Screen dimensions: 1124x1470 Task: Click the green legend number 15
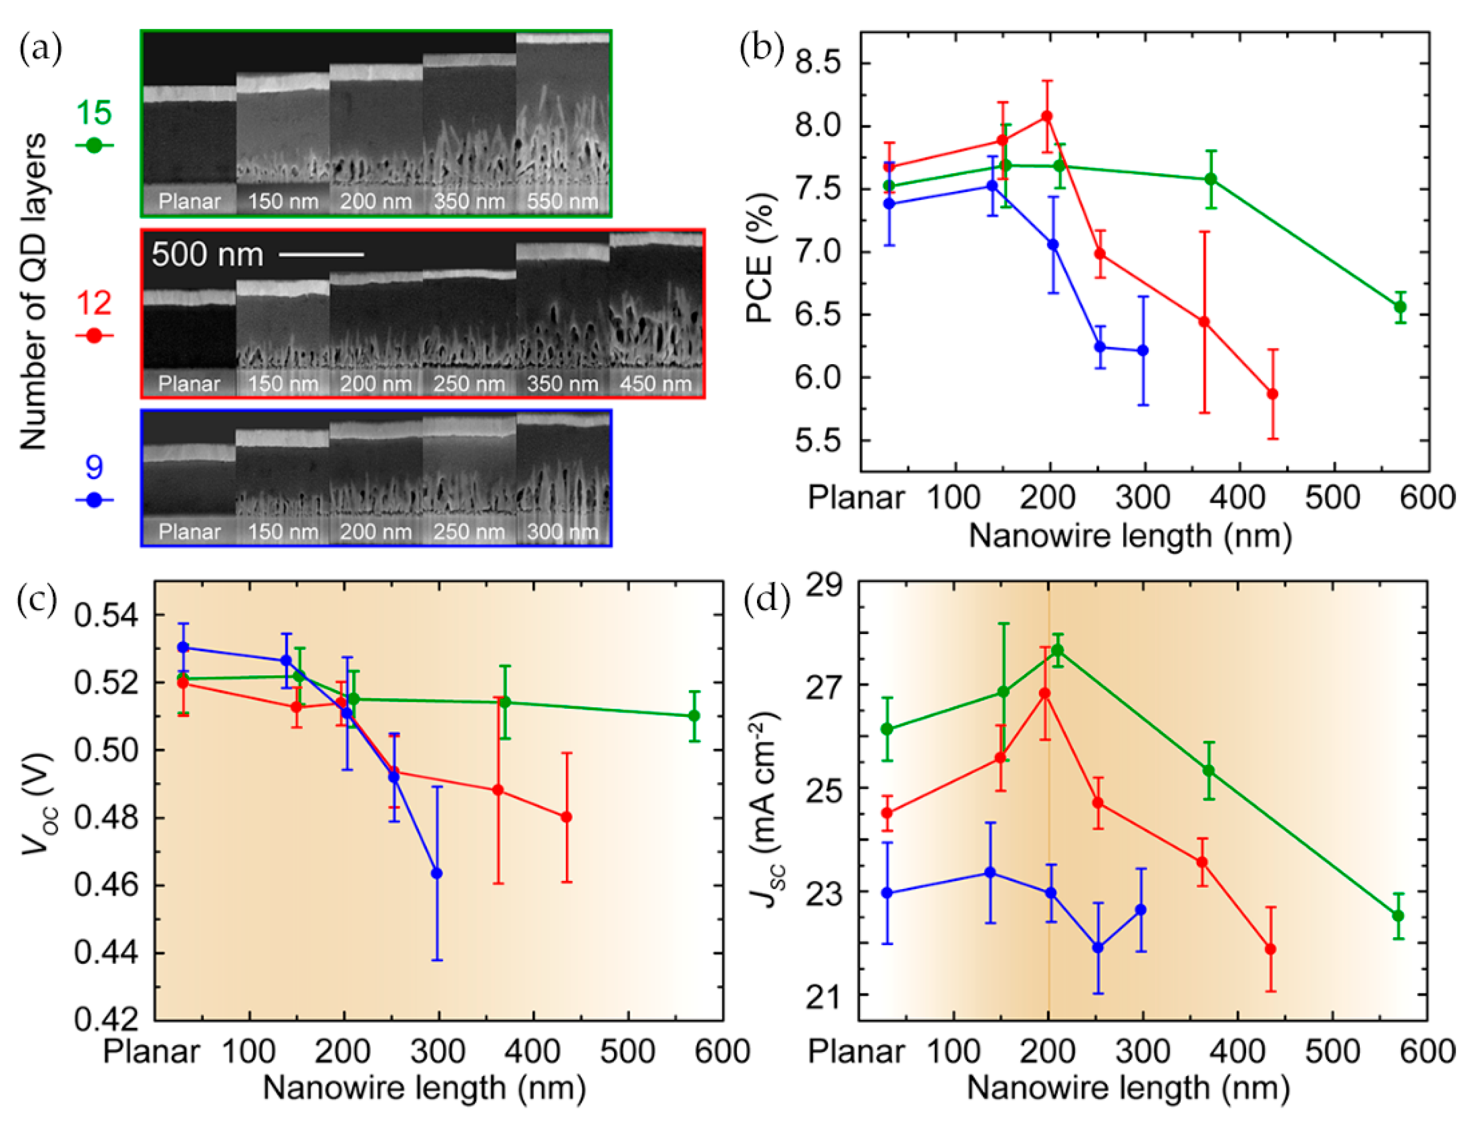(93, 112)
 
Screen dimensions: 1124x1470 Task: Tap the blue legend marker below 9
(93, 500)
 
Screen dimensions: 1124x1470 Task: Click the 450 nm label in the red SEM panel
(655, 384)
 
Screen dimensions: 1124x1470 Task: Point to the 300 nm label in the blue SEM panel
(562, 532)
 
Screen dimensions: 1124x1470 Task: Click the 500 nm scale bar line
(321, 254)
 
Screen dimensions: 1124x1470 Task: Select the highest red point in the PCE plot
(1047, 116)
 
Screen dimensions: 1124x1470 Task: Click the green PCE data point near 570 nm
(1400, 307)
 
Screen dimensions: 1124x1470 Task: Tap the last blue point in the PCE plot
(1143, 351)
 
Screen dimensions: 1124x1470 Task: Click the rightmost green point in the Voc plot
(694, 716)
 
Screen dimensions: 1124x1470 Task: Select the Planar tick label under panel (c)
(151, 1052)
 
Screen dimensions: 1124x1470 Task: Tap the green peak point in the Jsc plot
(1058, 650)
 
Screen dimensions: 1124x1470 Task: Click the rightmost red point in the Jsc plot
(1270, 949)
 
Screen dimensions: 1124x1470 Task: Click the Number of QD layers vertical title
(33, 291)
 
